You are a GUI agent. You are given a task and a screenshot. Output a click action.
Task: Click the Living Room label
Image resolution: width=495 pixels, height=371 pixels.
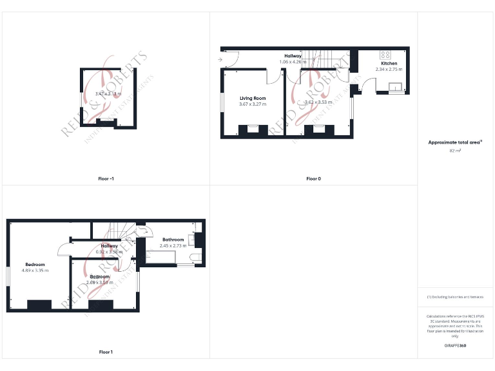[253, 98]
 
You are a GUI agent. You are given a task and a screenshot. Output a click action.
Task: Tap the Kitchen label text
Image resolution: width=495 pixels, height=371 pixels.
[389, 64]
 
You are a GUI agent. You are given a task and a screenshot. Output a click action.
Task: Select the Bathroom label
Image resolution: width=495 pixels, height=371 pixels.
[173, 240]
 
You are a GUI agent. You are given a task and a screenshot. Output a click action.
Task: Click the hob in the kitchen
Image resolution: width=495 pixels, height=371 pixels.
[386, 54]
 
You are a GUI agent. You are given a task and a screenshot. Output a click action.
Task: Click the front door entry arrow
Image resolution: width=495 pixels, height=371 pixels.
[220, 60]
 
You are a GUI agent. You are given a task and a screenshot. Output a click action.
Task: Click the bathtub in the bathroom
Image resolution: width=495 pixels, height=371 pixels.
[161, 258]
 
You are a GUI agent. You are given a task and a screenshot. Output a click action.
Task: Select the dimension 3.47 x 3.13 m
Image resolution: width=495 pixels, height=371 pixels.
[108, 94]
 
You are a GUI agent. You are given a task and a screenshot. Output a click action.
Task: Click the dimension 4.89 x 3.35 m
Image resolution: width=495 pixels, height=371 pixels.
[35, 271]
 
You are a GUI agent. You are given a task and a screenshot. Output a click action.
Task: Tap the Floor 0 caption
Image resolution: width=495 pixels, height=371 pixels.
[313, 178]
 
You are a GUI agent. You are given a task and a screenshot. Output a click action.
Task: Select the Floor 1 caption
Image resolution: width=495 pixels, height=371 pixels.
[106, 352]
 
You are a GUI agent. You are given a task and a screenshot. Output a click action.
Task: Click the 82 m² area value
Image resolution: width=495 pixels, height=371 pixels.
[455, 150]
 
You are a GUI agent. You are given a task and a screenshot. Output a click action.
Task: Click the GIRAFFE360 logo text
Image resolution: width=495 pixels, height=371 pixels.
[455, 347]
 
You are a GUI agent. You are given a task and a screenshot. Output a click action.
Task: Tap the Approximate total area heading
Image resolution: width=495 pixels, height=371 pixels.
[455, 142]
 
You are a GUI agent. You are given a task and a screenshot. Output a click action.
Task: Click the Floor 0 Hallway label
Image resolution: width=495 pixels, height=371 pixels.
[293, 56]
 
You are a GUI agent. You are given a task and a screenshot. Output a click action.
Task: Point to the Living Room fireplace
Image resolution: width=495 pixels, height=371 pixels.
[253, 129]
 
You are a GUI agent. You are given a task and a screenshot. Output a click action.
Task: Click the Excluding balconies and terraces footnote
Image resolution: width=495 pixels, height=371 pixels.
[455, 297]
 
